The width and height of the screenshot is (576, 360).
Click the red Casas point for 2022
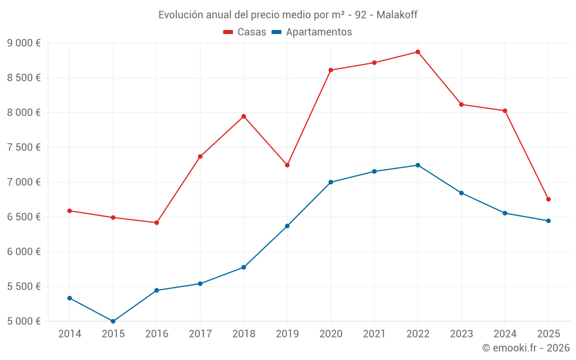pyautogui.click(x=418, y=52)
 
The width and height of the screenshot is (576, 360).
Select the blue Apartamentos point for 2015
pyautogui.click(x=113, y=321)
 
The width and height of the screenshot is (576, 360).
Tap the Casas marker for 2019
pyautogui.click(x=287, y=165)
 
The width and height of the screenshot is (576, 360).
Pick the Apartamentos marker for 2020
pyautogui.click(x=331, y=182)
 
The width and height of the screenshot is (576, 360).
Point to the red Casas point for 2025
pyautogui.click(x=548, y=199)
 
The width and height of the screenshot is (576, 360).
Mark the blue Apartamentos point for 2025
pyautogui.click(x=548, y=221)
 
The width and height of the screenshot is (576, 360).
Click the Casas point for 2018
pyautogui.click(x=244, y=116)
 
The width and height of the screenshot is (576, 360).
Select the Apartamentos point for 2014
pyautogui.click(x=70, y=298)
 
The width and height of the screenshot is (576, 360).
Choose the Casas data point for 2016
pyautogui.click(x=157, y=222)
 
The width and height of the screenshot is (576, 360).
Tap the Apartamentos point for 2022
pyautogui.click(x=418, y=165)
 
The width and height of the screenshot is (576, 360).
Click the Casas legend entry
pyautogui.click(x=245, y=32)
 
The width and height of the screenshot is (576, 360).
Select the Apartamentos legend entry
pyautogui.click(x=312, y=32)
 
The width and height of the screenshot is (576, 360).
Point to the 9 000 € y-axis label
pyautogui.click(x=24, y=43)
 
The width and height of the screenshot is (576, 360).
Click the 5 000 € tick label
pyautogui.click(x=24, y=321)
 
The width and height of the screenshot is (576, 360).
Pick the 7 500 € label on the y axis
pyautogui.click(x=24, y=147)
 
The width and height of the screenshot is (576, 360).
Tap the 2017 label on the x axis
pyautogui.click(x=200, y=334)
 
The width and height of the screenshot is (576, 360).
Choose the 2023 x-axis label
pyautogui.click(x=461, y=334)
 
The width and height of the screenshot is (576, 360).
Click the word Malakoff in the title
pyautogui.click(x=397, y=15)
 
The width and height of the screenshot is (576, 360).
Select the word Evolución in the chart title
pyautogui.click(x=179, y=15)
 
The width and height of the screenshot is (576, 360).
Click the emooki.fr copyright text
pyautogui.click(x=526, y=348)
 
